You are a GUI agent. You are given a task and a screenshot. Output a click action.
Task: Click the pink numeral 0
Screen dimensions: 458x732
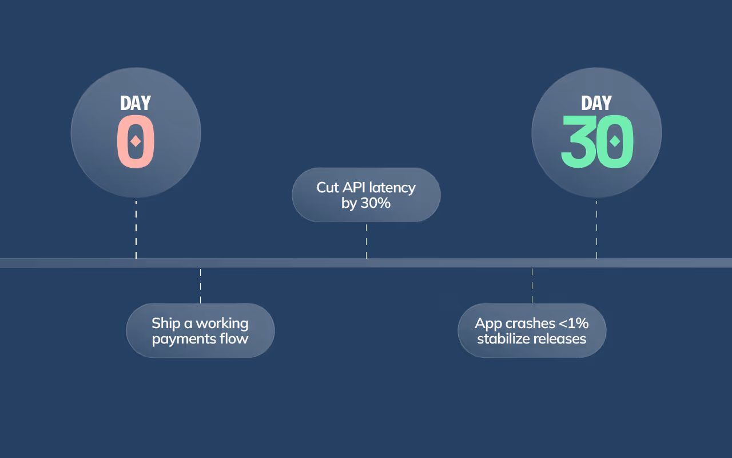[136, 141]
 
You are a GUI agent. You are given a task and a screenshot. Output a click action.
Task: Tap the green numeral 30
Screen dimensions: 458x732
[597, 141]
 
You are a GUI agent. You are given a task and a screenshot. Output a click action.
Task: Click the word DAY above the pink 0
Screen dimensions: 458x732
[136, 103]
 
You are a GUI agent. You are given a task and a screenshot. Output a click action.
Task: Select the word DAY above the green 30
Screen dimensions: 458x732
[596, 103]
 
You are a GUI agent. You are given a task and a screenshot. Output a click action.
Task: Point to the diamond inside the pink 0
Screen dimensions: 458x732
[136, 141]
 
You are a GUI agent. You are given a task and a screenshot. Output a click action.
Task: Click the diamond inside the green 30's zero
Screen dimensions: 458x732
[615, 141]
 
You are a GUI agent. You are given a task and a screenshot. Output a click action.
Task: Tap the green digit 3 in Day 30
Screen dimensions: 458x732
[579, 141]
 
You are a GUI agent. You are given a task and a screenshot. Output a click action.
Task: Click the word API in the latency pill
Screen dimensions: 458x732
[355, 187]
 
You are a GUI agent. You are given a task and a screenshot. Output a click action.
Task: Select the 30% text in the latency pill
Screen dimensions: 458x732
[375, 203]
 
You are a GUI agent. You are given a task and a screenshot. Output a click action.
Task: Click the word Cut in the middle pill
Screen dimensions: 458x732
[328, 187]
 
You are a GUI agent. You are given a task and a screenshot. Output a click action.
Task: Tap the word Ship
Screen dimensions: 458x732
[165, 323]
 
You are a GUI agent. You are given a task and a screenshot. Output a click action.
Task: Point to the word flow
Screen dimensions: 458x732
[234, 338]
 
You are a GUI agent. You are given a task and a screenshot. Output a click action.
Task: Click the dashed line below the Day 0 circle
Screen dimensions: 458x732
[136, 229]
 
